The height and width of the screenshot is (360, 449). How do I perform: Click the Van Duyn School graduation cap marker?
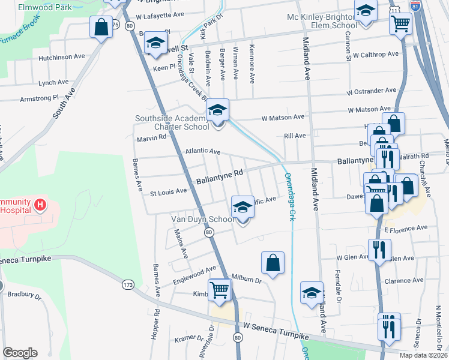point(243,207)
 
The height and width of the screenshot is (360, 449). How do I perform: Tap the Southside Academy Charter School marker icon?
point(218,110)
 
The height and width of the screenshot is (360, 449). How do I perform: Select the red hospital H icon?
point(40,205)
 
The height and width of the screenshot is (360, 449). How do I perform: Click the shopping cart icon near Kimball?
point(220,290)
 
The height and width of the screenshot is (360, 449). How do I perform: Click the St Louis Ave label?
point(168,193)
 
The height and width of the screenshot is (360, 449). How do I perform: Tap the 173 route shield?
point(127,284)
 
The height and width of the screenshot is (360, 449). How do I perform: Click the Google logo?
point(20,353)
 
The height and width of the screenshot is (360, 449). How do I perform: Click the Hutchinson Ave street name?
point(62,57)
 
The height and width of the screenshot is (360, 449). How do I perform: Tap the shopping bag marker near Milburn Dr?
point(273,263)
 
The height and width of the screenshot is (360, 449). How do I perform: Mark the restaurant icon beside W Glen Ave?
point(379,249)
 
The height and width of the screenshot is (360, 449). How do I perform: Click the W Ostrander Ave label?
point(371,91)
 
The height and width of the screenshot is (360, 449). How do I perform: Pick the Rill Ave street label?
point(295,136)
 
